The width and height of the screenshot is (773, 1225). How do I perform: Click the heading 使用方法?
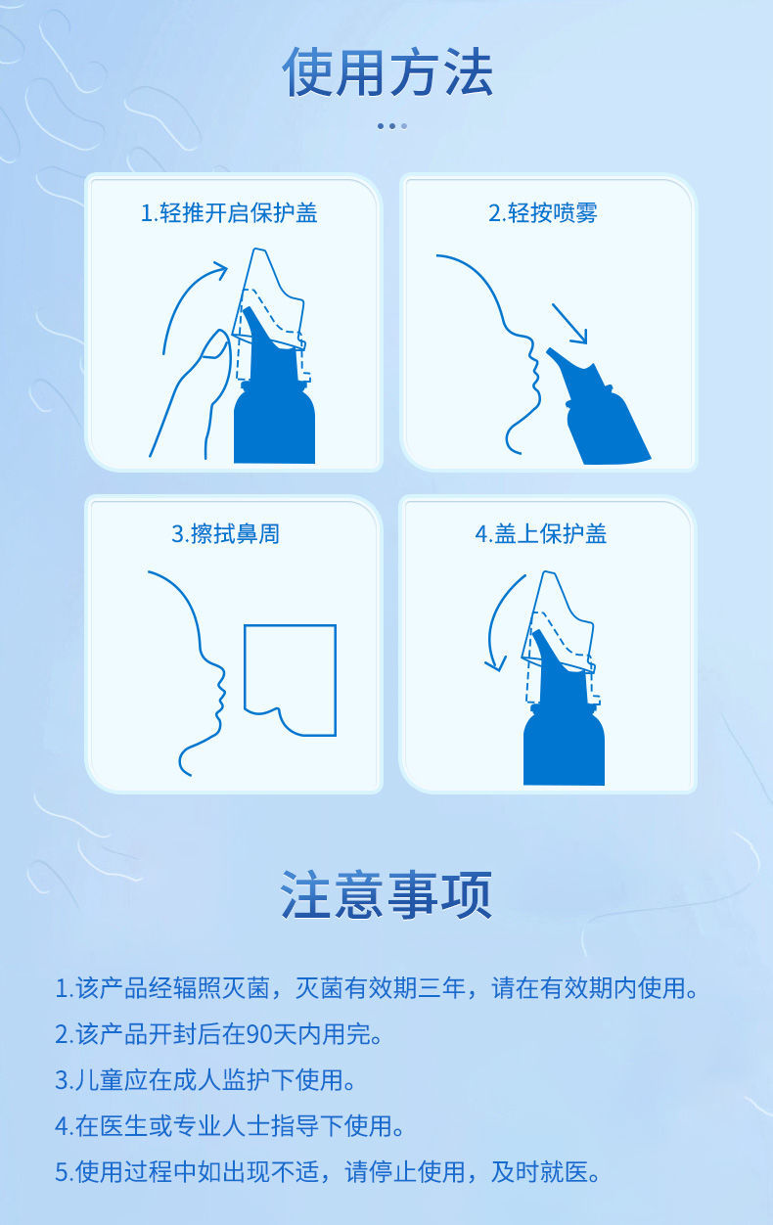coord(386,72)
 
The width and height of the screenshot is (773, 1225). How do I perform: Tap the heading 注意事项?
coord(386,894)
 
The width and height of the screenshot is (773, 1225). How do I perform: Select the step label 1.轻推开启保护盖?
coord(229,213)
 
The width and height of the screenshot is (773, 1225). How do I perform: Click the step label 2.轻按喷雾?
coord(542,213)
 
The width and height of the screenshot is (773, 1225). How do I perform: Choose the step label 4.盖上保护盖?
coord(540,534)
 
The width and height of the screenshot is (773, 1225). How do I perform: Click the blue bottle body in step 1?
coord(274,426)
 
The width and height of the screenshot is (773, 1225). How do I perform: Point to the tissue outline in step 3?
coord(290,675)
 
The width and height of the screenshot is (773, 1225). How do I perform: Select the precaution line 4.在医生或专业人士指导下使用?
coord(229,1126)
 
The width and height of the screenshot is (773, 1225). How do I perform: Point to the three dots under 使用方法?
coord(391,125)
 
